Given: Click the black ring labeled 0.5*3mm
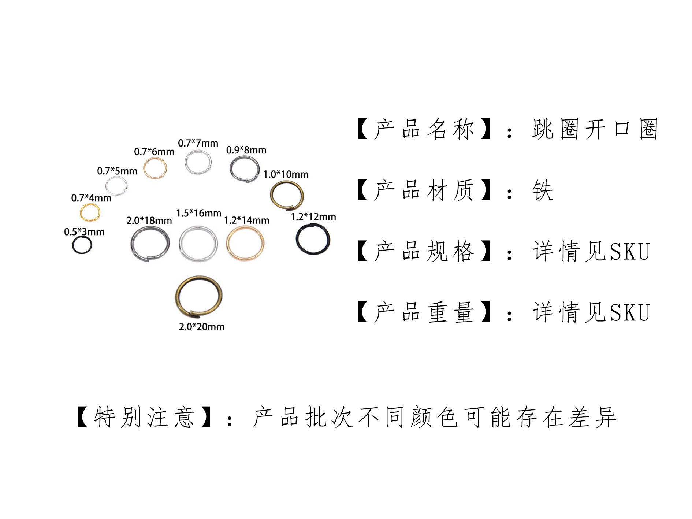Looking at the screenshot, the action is [82, 245].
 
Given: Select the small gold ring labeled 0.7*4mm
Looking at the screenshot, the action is [90, 212].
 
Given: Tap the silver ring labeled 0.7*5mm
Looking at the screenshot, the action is [116, 185].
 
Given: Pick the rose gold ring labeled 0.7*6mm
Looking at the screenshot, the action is [155, 168].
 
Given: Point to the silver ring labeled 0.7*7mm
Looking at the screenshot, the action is [198, 162].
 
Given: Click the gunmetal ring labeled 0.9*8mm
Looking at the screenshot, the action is [245, 168].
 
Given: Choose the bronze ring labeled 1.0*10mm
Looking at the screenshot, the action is [287, 195].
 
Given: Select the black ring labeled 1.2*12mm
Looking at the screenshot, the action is [313, 239].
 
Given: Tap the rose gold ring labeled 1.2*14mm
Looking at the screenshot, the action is [245, 243].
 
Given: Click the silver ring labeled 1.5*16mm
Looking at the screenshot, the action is [198, 244].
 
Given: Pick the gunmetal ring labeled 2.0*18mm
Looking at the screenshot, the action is [150, 244].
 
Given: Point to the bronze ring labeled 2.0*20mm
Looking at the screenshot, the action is [199, 296].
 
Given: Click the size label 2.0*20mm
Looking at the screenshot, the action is [201, 327].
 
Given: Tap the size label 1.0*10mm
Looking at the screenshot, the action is [286, 174].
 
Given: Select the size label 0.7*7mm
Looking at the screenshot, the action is [198, 143].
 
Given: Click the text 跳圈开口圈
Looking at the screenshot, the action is [595, 129].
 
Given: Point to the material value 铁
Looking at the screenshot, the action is [542, 190].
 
